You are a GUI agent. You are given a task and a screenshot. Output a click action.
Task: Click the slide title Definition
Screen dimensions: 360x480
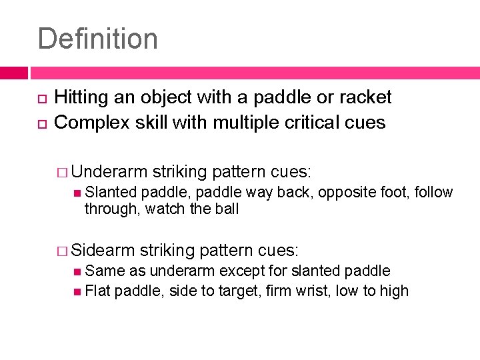pos(98,39)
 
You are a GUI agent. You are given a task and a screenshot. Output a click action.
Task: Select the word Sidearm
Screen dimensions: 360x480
pos(103,251)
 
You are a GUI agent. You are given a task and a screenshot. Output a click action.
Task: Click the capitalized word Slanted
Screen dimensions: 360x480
pos(111,193)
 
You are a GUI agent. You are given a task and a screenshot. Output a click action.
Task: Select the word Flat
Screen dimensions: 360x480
pos(98,291)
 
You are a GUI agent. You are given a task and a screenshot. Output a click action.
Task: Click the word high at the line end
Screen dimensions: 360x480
pos(394,291)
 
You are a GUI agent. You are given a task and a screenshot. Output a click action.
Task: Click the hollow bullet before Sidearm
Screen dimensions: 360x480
pos(64,251)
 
